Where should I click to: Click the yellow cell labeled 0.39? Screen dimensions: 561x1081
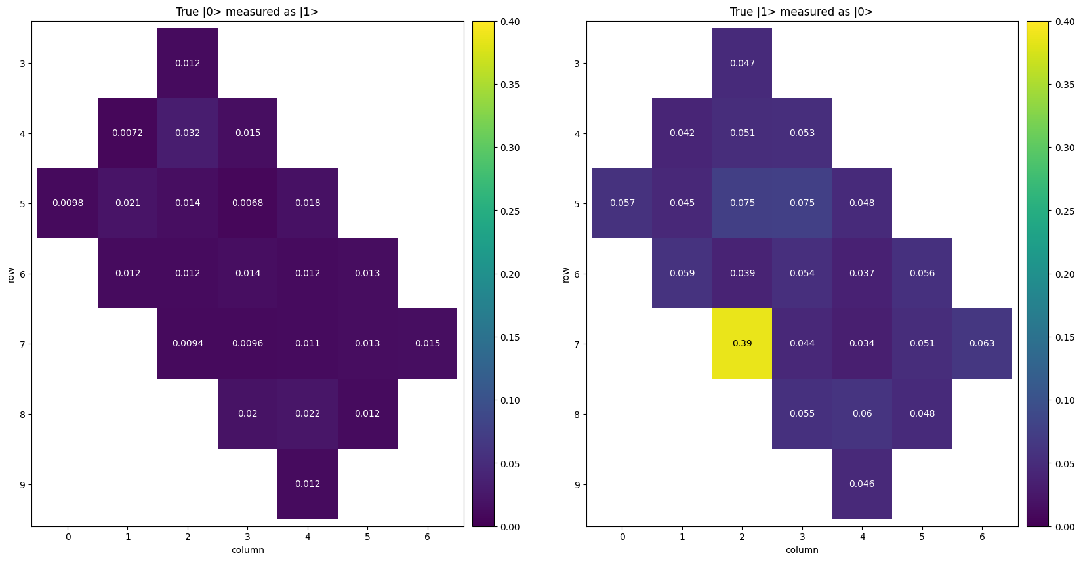tap(742, 343)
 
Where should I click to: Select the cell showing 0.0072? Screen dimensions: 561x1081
tap(128, 133)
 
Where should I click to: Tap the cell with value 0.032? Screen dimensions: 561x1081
tap(188, 133)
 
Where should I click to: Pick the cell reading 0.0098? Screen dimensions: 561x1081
tap(68, 203)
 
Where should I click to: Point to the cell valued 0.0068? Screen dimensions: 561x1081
tap(247, 203)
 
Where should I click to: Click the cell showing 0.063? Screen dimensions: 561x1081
tap(981, 343)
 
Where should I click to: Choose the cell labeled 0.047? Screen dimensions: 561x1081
tap(742, 63)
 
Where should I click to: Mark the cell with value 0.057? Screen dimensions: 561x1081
tap(622, 203)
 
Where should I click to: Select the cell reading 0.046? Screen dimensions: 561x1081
tap(862, 484)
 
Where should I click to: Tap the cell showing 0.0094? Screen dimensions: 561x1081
tap(188, 343)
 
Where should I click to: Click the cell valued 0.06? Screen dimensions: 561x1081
tap(862, 413)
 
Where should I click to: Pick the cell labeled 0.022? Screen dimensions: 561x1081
tap(308, 413)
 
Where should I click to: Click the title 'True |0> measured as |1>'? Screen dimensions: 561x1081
tap(247, 12)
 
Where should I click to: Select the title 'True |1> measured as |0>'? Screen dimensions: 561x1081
tap(802, 12)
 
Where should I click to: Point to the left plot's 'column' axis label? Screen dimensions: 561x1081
tap(247, 550)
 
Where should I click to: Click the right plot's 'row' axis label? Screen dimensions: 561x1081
tap(565, 274)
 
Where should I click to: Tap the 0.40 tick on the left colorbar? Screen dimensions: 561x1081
tap(509, 22)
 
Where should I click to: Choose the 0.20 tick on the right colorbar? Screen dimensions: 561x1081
tap(1064, 274)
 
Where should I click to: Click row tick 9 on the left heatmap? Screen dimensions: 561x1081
tap(22, 484)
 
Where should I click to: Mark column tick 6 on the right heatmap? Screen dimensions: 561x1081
tap(981, 537)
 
